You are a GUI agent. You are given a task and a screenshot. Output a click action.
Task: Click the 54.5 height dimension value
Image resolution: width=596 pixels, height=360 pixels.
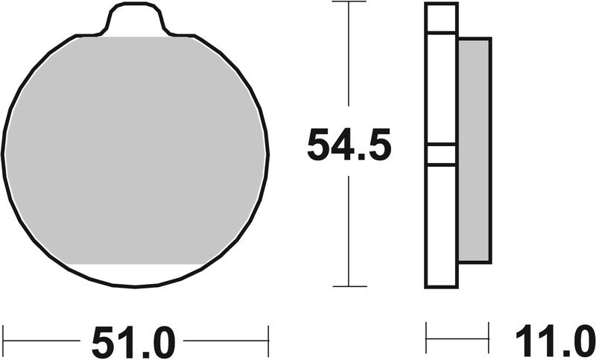click(349, 146)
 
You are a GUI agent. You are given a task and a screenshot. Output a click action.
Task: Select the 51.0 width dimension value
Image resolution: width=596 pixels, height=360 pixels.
click(134, 344)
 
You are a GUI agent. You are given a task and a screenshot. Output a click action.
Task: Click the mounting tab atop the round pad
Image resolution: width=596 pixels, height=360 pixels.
click(135, 18)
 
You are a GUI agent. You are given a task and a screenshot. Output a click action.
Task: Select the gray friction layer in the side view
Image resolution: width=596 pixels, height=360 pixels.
click(474, 149)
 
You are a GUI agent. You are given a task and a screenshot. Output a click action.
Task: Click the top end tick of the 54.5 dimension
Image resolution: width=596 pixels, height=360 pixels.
click(349, 2)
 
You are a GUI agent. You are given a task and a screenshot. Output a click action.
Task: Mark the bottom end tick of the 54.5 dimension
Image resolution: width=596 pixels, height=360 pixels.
click(349, 286)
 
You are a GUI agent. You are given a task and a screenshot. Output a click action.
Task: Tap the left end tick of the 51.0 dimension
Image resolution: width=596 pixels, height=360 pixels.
click(4, 341)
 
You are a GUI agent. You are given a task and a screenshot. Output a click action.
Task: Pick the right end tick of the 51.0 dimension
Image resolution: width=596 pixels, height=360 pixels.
click(267, 341)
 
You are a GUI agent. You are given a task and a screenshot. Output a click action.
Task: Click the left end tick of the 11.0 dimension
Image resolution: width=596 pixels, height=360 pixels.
click(426, 338)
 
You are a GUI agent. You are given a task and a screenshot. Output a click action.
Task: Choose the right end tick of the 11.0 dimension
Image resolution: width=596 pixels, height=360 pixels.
click(489, 338)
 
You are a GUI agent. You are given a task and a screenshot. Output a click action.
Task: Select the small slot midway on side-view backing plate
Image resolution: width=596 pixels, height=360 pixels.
click(441, 154)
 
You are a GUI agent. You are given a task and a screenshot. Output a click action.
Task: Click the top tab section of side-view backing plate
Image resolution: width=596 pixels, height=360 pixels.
click(441, 18)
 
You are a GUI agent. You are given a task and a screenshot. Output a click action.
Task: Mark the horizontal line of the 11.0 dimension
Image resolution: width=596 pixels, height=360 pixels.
click(457, 342)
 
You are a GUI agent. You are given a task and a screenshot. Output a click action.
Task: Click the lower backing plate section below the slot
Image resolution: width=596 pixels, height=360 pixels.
click(441, 224)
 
